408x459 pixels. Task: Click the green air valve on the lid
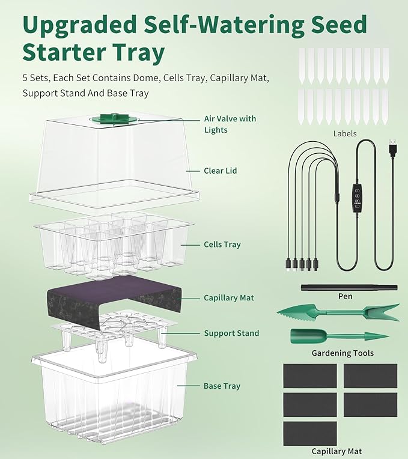(112, 118)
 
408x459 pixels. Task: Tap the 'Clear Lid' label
(221, 171)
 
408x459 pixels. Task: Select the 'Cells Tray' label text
(222, 245)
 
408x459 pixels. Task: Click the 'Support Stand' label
(231, 333)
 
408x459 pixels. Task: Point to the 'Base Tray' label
(223, 386)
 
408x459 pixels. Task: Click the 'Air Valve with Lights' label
(230, 124)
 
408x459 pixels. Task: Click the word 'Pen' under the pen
(345, 296)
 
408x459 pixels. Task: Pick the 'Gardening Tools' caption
(343, 353)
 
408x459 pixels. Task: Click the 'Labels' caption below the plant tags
(344, 133)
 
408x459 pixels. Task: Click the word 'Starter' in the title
(58, 53)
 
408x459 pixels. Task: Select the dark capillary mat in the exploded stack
(114, 297)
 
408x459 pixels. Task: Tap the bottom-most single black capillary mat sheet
(309, 433)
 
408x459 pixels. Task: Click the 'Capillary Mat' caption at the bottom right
(336, 451)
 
